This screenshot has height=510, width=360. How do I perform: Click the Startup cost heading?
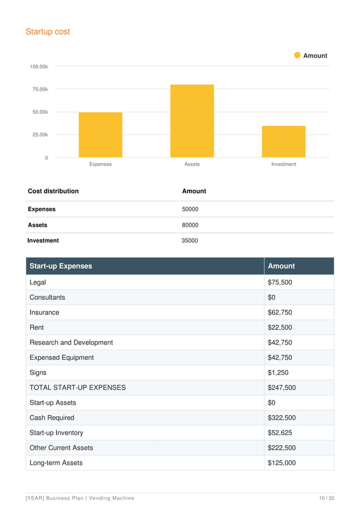[48, 32]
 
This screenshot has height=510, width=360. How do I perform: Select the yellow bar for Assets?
[192, 121]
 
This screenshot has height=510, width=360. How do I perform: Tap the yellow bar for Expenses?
[100, 135]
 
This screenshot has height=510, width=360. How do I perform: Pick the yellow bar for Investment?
[283, 142]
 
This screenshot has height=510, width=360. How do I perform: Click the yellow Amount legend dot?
[297, 55]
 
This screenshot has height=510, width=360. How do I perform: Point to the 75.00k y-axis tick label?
[39, 89]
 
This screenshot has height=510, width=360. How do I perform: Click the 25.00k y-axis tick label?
[39, 135]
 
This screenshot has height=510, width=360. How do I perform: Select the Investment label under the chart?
[283, 164]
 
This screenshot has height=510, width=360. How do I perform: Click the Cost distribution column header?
[53, 191]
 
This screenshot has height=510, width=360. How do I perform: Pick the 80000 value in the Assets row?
[190, 225]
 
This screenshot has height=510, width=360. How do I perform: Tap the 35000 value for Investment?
[190, 241]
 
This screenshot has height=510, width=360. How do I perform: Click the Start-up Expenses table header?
[61, 266]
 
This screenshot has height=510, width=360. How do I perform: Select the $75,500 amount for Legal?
[280, 282]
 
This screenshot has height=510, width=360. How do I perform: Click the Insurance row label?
[44, 312]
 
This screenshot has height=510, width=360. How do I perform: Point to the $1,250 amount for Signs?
[278, 373]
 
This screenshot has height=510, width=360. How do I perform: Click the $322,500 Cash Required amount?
[282, 418]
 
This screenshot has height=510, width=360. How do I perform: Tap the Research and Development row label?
[71, 342]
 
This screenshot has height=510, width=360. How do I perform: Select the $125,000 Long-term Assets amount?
[282, 463]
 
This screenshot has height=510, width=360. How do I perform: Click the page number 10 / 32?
[327, 498]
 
